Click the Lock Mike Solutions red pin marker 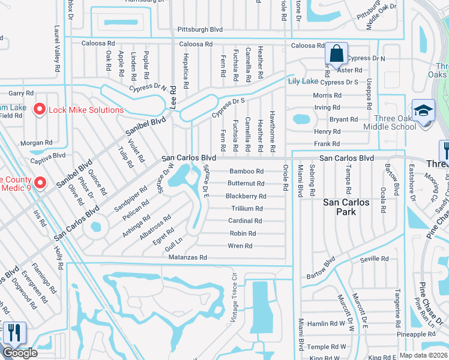(x=40, y=110)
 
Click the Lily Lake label (x=303, y=82)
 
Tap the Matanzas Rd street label (x=187, y=257)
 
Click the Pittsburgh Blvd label (x=200, y=29)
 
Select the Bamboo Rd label (x=247, y=171)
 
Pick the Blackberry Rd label (x=246, y=196)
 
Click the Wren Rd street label (x=240, y=246)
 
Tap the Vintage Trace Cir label (x=235, y=299)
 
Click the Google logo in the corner (x=20, y=353)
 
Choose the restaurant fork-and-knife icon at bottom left (x=13, y=332)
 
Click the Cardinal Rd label (x=245, y=221)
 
